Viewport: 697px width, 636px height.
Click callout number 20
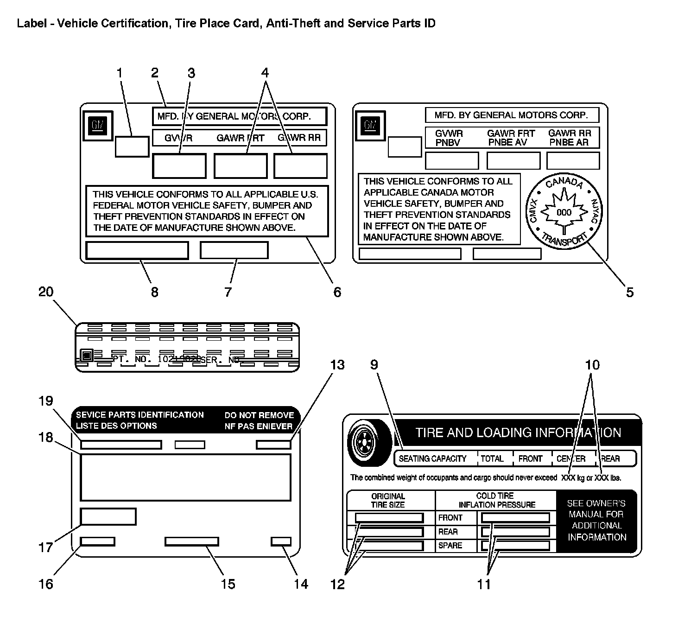[46, 292]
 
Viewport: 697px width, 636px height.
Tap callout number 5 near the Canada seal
[629, 292]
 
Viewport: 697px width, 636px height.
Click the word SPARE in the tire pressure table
[450, 546]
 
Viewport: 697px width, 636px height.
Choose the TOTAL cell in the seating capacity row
[492, 458]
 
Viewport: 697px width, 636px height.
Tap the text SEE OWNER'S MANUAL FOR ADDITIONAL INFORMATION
[597, 520]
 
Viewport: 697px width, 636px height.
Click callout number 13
[337, 365]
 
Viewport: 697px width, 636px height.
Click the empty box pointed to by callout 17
[108, 516]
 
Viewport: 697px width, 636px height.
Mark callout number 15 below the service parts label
[228, 584]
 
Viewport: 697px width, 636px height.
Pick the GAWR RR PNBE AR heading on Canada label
[569, 138]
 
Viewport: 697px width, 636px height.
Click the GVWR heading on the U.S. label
[178, 138]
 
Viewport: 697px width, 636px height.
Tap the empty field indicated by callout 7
[234, 250]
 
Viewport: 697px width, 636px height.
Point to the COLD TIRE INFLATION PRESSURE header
[495, 500]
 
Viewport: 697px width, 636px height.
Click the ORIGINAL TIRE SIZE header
[388, 500]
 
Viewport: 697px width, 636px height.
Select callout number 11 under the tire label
[484, 585]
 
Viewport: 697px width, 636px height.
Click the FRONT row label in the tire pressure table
[450, 518]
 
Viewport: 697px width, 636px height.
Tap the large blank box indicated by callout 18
[185, 477]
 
